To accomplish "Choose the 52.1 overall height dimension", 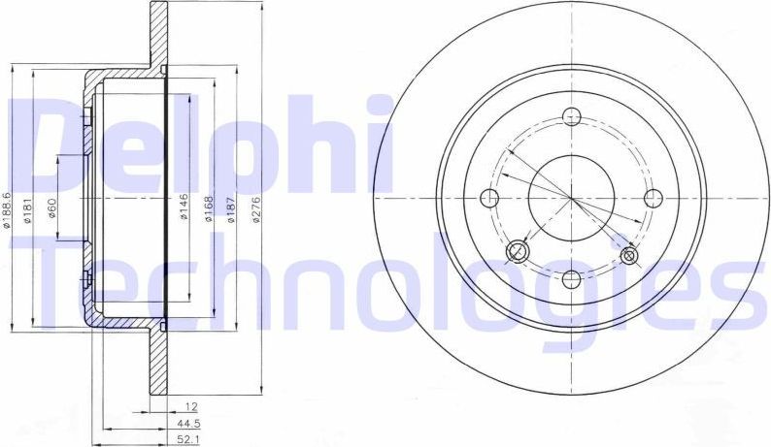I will pos(178,440).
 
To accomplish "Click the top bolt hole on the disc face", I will pos(572,117).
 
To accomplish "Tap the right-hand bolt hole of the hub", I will pos(653,198).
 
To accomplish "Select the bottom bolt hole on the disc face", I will pos(572,279).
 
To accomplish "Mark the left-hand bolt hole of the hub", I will pos(490,198).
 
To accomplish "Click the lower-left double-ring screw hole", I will pos(518,253).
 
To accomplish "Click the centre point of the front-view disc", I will pos(572,198).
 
